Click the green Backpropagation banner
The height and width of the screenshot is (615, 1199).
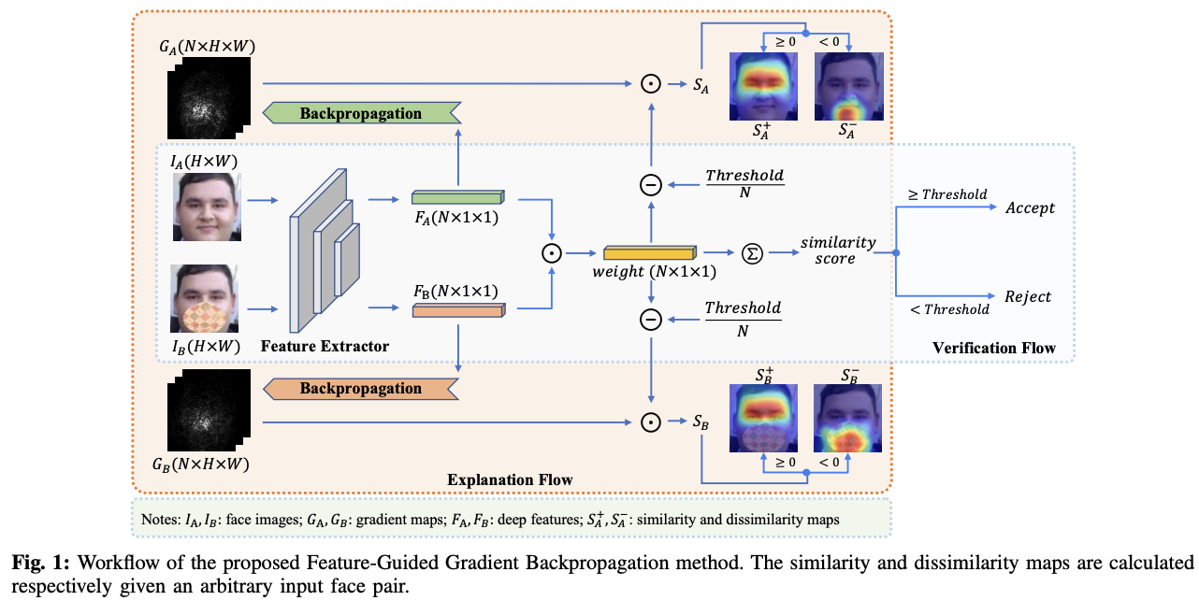[x=361, y=113]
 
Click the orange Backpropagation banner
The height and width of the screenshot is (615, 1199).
[x=361, y=388]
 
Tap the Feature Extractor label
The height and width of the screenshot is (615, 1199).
[x=325, y=346]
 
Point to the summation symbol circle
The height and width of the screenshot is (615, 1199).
[x=751, y=252]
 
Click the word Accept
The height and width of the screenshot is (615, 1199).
[x=1030, y=207]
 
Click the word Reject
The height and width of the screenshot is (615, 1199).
[x=1028, y=296]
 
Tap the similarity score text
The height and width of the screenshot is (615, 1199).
[x=838, y=250]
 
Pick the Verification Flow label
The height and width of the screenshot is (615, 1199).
[x=993, y=349]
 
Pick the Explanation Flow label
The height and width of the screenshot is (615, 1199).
[x=510, y=479]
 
